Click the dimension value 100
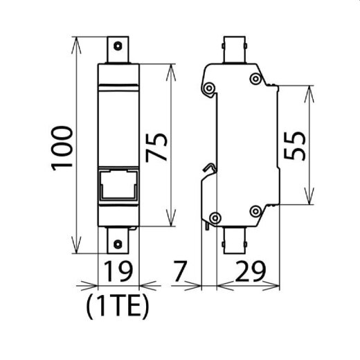point(62,147)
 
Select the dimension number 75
point(160,147)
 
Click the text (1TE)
point(118,305)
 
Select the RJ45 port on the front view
point(118,186)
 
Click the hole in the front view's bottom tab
point(118,244)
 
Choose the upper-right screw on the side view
point(256,79)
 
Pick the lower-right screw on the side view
point(256,209)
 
